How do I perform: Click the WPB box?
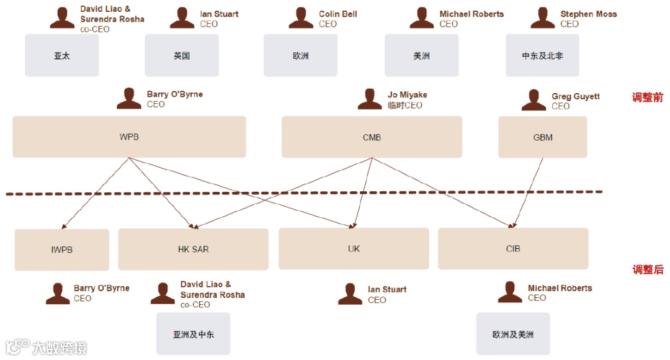pyautogui.click(x=129, y=137)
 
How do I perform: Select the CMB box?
pyautogui.click(x=372, y=137)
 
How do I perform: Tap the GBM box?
pyautogui.click(x=542, y=137)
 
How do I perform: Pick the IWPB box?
pyautogui.click(x=61, y=250)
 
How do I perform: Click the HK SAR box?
pyautogui.click(x=193, y=249)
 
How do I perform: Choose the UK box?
pyautogui.click(x=354, y=248)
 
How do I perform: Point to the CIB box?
pyautogui.click(x=512, y=248)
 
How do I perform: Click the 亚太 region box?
pyautogui.click(x=61, y=55)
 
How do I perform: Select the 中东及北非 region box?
pyautogui.click(x=542, y=55)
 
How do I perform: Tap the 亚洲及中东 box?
pyautogui.click(x=193, y=334)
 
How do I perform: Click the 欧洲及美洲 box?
pyautogui.click(x=512, y=334)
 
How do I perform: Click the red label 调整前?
pyautogui.click(x=648, y=97)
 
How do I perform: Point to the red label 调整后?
pyautogui.click(x=648, y=269)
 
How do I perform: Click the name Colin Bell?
pyautogui.click(x=337, y=14)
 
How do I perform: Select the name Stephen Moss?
pyautogui.click(x=588, y=14)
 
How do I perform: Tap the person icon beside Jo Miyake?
pyautogui.click(x=370, y=99)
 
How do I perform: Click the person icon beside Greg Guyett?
pyautogui.click(x=534, y=100)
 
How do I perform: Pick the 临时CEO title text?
pyautogui.click(x=404, y=105)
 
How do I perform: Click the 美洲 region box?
pyautogui.click(x=421, y=55)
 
